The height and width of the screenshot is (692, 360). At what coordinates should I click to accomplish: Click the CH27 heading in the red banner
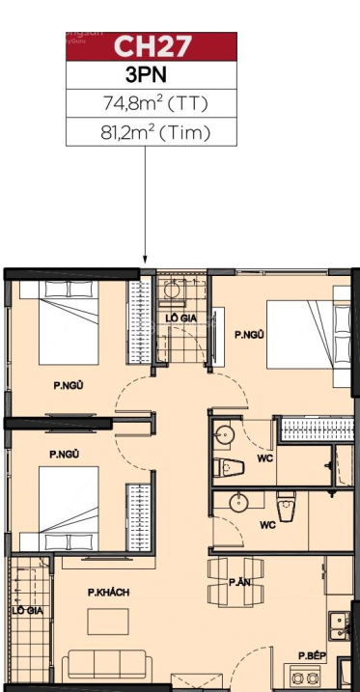click(x=152, y=46)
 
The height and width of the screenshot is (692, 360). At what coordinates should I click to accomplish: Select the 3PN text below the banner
click(x=146, y=75)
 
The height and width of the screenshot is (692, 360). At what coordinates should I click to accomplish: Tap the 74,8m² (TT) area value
click(x=154, y=103)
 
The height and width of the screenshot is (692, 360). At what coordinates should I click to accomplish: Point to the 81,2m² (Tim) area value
click(x=154, y=132)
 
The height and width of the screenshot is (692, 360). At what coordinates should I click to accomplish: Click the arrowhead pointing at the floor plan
click(x=145, y=260)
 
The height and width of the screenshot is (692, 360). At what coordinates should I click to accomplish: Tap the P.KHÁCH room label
click(x=108, y=593)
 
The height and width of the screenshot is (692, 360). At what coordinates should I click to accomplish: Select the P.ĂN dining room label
click(x=239, y=582)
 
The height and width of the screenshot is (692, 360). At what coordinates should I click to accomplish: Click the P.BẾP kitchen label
click(x=312, y=656)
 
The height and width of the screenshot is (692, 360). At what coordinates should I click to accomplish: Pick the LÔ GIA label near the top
click(x=180, y=318)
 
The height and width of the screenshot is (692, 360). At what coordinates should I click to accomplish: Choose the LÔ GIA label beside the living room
click(x=27, y=611)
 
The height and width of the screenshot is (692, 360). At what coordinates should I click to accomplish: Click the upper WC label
click(x=265, y=458)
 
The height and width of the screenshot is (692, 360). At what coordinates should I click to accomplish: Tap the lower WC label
click(x=267, y=525)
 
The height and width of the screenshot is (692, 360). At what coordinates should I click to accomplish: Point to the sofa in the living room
click(x=107, y=666)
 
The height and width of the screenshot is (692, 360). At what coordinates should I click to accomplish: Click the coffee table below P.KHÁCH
click(x=108, y=622)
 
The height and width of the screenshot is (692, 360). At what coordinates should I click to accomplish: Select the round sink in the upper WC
click(x=225, y=434)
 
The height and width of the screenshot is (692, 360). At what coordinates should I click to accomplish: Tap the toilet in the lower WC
click(x=287, y=506)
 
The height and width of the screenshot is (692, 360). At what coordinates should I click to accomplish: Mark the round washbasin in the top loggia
click(x=172, y=290)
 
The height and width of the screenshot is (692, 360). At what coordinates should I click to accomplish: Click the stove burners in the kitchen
click(x=305, y=678)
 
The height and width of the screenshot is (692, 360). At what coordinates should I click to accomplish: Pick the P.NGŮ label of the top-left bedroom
click(x=69, y=385)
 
